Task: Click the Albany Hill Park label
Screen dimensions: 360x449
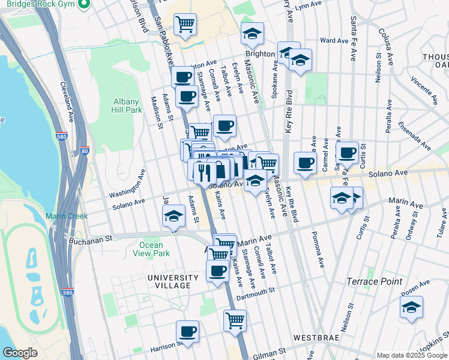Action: [x=127, y=106]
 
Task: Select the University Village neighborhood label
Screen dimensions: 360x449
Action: [x=173, y=281]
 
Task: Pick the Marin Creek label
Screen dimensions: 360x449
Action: [x=67, y=216]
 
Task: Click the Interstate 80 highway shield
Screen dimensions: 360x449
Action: [x=85, y=152]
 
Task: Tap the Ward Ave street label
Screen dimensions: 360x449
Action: [x=334, y=41]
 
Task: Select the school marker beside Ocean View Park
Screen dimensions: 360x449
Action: [x=173, y=216]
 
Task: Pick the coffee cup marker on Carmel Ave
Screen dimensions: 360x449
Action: [x=305, y=163]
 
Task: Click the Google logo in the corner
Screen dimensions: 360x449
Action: [x=20, y=353]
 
